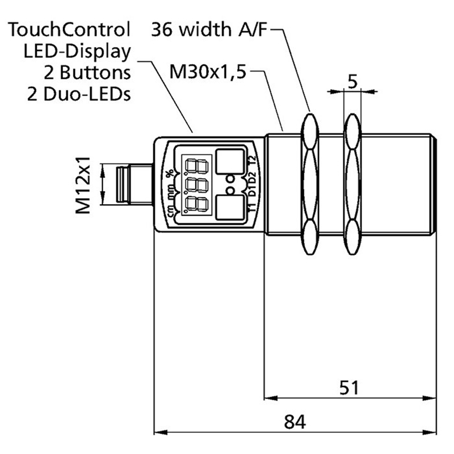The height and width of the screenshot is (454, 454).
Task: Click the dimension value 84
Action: tap(295, 422)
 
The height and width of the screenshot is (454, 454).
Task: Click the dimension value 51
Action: tap(350, 388)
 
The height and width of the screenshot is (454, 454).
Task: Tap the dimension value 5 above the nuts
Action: tap(352, 82)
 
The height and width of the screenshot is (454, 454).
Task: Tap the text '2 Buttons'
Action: tap(87, 72)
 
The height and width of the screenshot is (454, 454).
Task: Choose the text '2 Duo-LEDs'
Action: tap(79, 94)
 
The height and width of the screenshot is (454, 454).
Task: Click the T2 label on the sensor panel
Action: tap(253, 161)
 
